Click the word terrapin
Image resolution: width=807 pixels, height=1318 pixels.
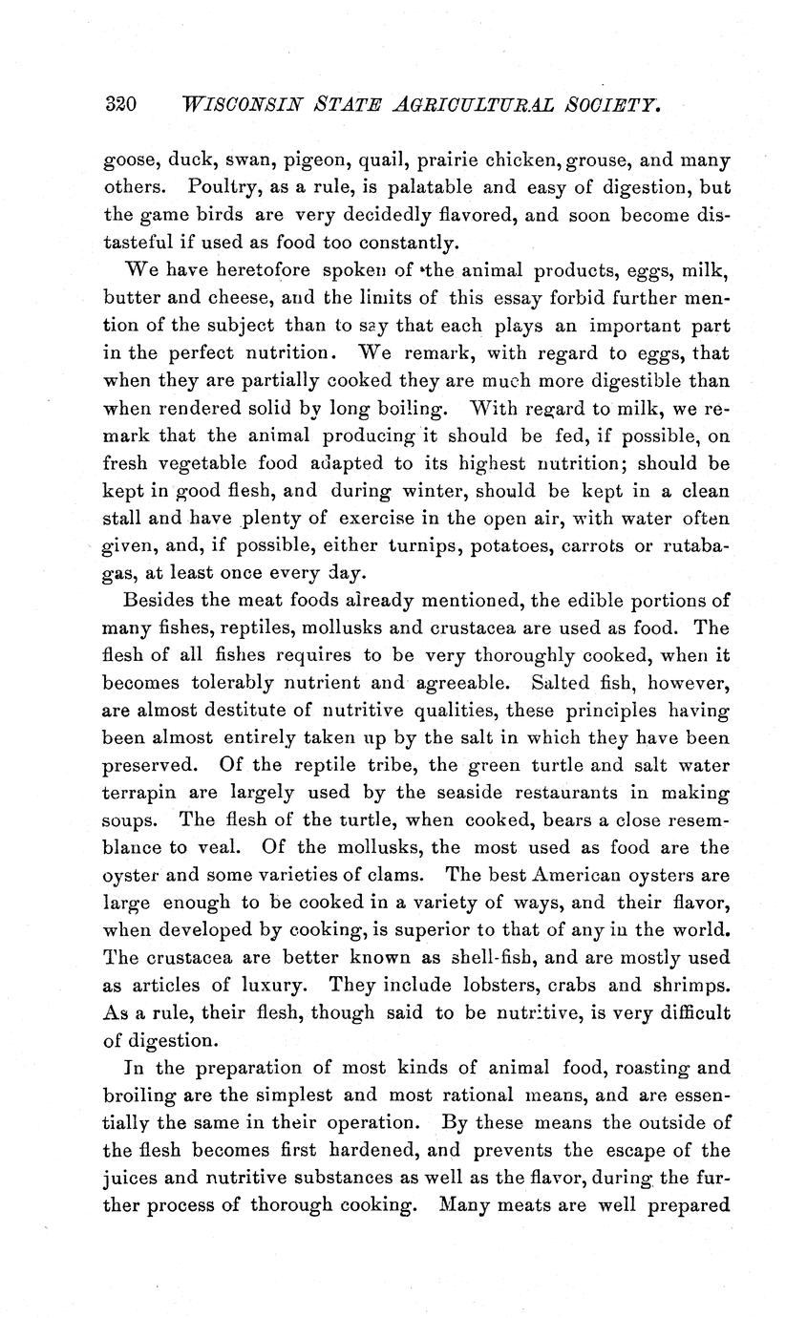click(134, 794)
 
